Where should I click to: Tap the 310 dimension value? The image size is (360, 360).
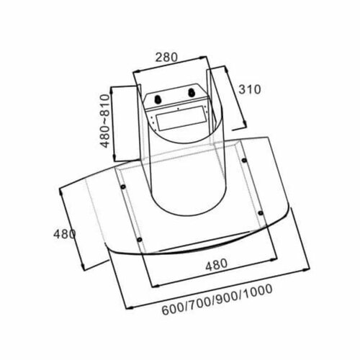(248, 89)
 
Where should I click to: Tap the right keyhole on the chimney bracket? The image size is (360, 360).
(194, 92)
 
